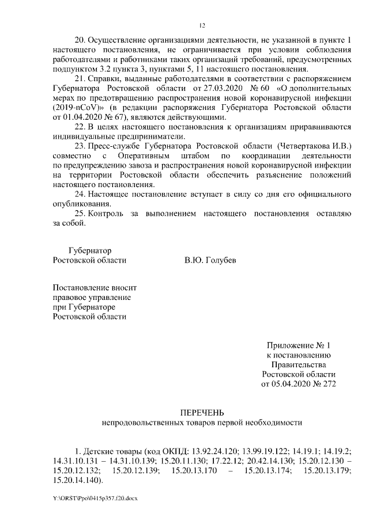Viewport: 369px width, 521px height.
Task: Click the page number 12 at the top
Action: coord(202,25)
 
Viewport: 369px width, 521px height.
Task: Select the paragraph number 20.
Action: coord(81,41)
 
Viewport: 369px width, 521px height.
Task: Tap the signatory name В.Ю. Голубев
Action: coord(210,260)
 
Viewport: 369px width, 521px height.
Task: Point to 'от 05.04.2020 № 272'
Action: coord(298,383)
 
